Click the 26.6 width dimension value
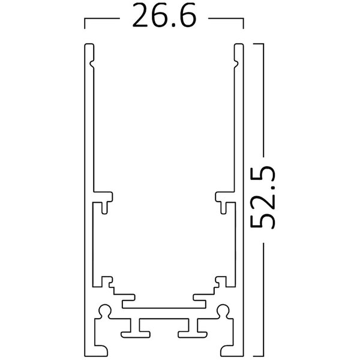pyautogui.click(x=164, y=19)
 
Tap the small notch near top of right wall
pyautogui.click(x=236, y=61)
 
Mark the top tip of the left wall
pyautogui.click(x=88, y=45)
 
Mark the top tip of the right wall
pyautogui.click(x=240, y=45)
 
